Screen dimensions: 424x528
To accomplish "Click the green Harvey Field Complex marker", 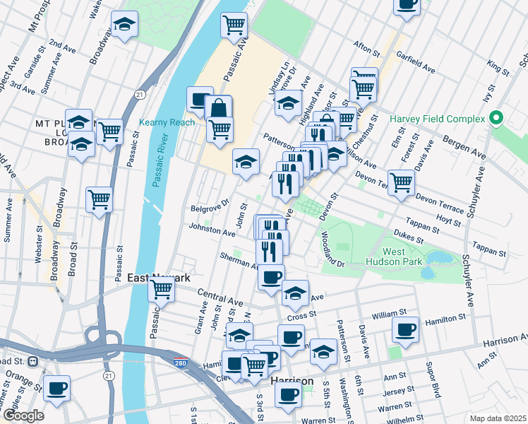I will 496,117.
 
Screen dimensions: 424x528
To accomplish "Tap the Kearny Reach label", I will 167,122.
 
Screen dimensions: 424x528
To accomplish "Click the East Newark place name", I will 158,278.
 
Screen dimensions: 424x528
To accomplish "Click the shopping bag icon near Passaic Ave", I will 219,109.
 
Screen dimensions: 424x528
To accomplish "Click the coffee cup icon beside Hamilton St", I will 406,329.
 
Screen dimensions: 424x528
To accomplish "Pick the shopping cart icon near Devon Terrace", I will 401,181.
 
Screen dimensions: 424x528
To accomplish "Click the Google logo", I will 23,415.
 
